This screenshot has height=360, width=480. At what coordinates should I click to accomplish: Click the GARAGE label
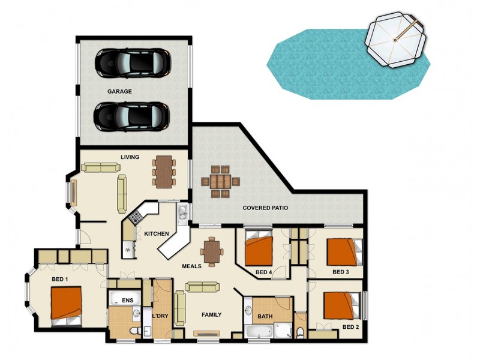[119, 92]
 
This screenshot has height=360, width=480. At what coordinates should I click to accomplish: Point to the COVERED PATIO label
[265, 208]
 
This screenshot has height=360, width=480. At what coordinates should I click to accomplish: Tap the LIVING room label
[130, 157]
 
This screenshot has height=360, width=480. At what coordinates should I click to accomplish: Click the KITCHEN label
[156, 233]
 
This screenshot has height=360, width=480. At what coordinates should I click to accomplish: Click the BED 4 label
[264, 272]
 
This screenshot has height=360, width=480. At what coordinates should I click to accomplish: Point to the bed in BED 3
[344, 251]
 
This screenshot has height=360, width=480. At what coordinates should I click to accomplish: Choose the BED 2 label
[350, 327]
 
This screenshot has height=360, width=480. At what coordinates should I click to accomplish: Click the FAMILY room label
[211, 314]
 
